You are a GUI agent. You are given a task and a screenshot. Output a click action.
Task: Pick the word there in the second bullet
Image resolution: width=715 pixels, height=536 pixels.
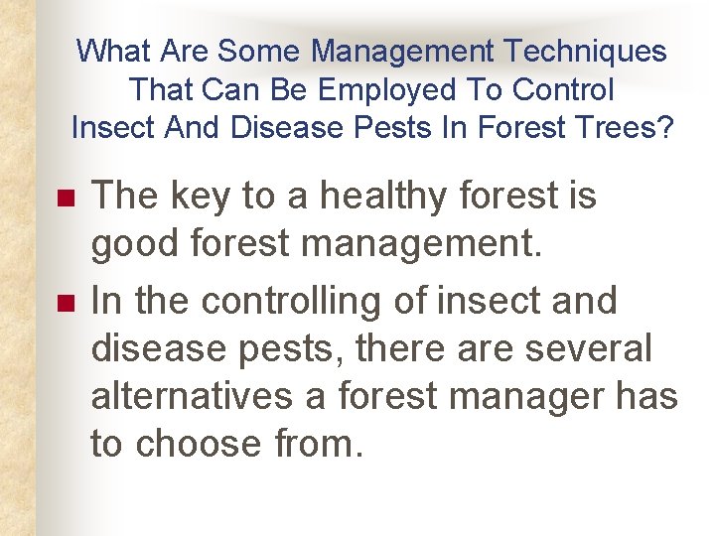pyautogui.click(x=421, y=348)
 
